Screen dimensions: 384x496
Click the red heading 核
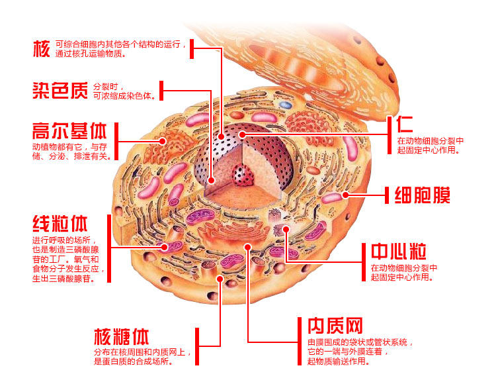(x=41, y=48)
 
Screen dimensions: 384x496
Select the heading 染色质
(x=60, y=90)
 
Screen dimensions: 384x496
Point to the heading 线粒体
(x=60, y=222)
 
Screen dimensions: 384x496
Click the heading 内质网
(x=335, y=326)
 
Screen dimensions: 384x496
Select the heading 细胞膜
(x=423, y=196)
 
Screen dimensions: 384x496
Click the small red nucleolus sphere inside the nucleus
(x=245, y=176)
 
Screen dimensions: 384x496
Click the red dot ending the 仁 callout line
(x=243, y=134)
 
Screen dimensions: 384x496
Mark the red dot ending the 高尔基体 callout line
(x=163, y=140)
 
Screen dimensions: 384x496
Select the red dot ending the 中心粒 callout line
(x=286, y=229)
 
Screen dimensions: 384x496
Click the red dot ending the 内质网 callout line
(x=247, y=247)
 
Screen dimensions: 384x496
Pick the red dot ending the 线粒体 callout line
(x=165, y=247)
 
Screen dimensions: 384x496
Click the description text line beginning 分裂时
(x=106, y=87)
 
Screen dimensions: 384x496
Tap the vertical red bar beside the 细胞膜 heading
(x=386, y=196)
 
